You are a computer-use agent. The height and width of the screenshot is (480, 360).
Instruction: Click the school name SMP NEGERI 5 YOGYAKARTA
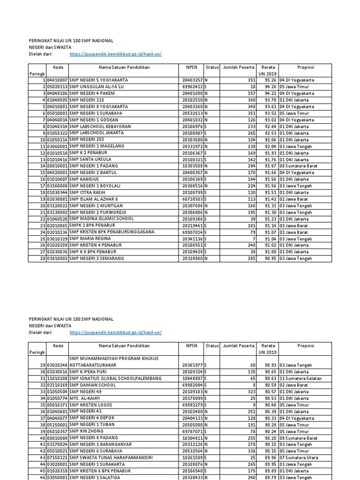98,80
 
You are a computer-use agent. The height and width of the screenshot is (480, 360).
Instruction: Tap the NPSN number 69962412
192,87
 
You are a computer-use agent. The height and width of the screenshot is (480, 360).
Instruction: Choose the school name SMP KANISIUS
85,179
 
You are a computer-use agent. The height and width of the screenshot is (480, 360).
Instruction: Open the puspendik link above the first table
115,54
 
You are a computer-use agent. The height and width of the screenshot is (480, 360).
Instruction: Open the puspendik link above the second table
115,332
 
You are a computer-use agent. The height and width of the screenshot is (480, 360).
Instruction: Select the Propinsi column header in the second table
305,345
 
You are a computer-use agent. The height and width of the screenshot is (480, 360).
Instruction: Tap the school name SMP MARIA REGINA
90,239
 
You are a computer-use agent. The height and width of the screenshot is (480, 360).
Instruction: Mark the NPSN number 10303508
192,166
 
